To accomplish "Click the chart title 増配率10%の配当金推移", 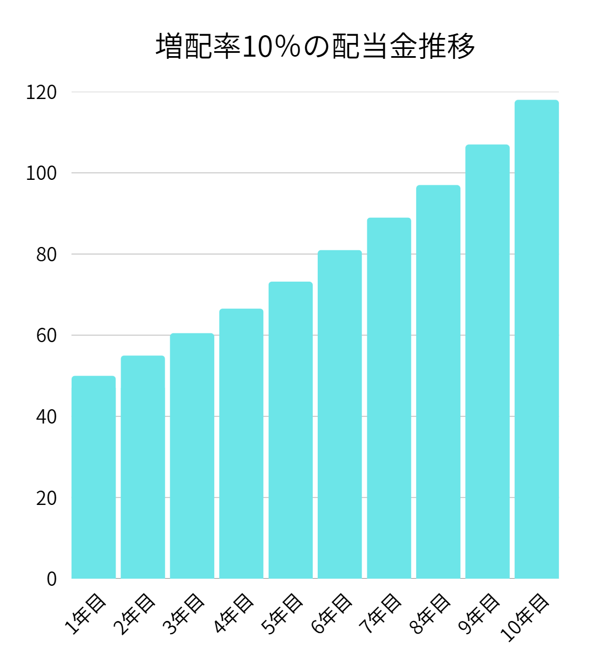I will (x=315, y=46).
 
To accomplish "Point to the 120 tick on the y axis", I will (x=41, y=92).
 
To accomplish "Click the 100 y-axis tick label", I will (x=41, y=173).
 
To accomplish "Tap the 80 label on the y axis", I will (x=46, y=255).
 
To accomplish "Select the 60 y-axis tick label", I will (x=46, y=336).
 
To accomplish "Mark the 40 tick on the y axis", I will (x=46, y=417).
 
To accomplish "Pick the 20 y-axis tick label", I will (x=46, y=498).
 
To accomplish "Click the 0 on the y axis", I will (x=51, y=579).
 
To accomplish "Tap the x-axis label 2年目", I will (x=134, y=614).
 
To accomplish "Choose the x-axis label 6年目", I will (x=331, y=614).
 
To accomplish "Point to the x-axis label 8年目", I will (x=430, y=614).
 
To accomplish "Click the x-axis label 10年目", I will (x=525, y=617).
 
